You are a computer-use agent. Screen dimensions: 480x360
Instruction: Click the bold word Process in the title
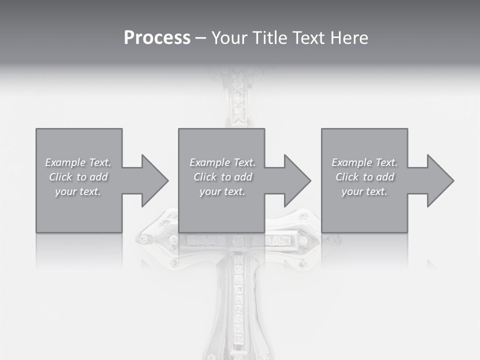coord(157,38)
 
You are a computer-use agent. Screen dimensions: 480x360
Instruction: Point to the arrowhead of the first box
coord(154,180)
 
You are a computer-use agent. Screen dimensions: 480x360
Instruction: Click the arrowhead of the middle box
coord(297,180)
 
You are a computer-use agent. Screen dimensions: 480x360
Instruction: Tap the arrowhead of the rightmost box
coord(440,180)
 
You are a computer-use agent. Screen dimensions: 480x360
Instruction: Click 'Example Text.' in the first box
coord(78,162)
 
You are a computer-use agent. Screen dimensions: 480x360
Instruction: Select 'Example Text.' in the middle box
coord(222,162)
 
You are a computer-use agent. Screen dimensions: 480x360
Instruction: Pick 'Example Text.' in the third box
coord(364,162)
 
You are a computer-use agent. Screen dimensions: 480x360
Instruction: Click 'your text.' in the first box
coord(78,191)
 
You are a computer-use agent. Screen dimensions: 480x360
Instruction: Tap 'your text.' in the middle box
coord(222,191)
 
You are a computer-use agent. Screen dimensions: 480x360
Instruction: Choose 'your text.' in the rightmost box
coord(364,191)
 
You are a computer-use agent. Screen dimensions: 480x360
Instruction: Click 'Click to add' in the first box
coord(78,177)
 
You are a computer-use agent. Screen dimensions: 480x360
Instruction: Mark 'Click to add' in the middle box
coord(222,177)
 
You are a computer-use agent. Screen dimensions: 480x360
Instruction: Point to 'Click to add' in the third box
coord(364,177)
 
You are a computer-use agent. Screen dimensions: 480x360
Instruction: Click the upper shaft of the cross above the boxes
coord(238,100)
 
